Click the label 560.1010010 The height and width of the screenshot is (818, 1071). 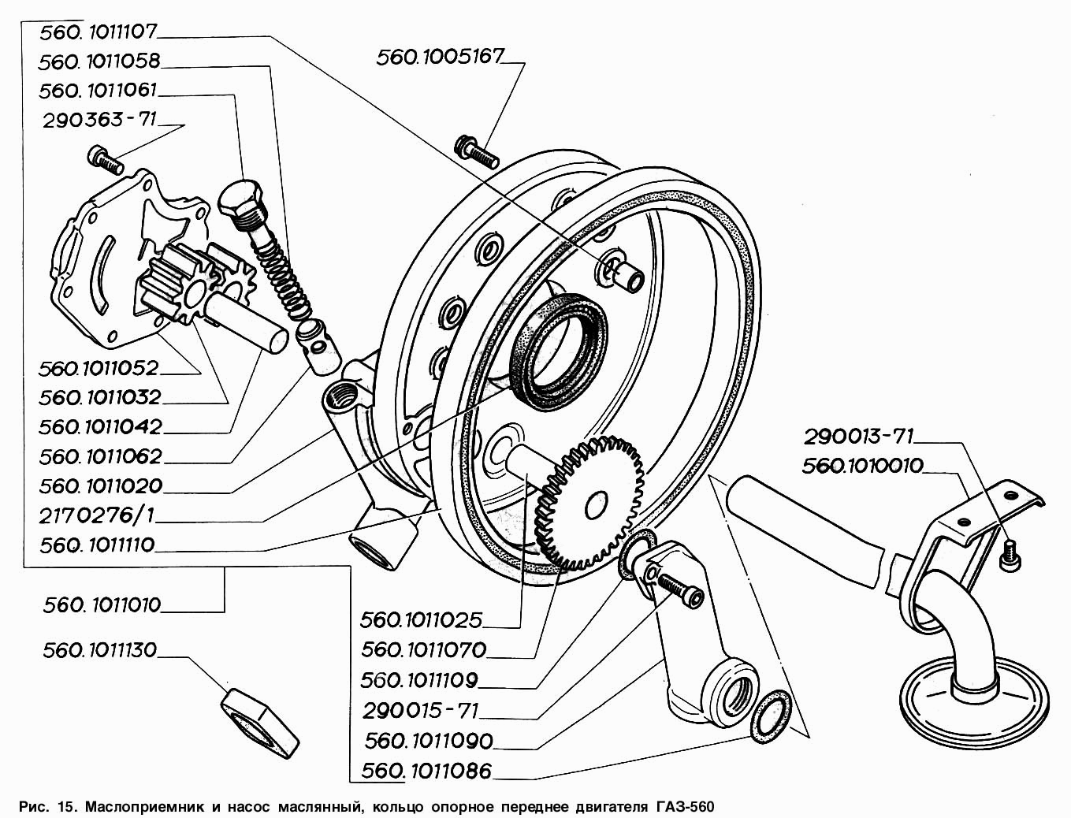coord(862,466)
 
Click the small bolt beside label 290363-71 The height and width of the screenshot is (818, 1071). coord(105,160)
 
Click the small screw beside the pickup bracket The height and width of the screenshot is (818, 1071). coord(1010,556)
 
